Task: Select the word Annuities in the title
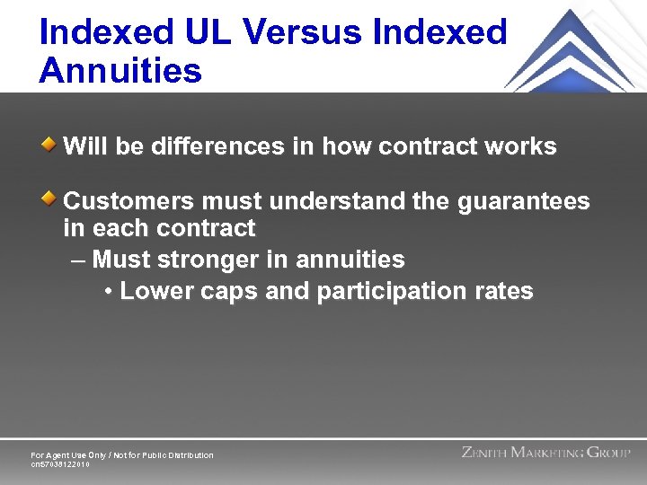click(120, 71)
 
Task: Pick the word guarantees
click(523, 201)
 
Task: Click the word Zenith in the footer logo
click(483, 453)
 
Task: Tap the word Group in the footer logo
click(607, 453)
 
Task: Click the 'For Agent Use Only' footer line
click(122, 455)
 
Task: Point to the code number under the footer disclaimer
click(61, 464)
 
